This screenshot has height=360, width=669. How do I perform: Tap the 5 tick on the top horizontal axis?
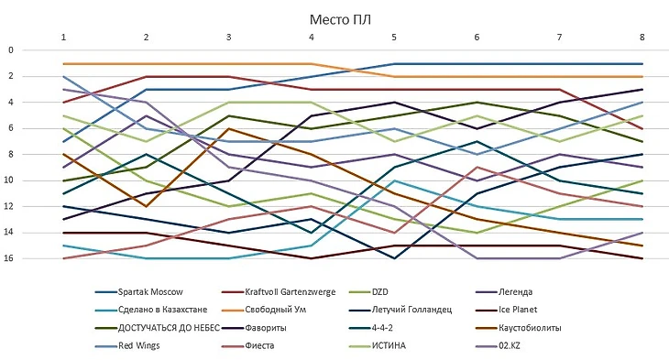[394, 37]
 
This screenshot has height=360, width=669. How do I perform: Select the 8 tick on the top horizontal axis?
[642, 37]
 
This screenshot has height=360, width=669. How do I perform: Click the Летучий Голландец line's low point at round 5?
[394, 258]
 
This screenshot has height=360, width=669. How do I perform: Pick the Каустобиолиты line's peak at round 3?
[229, 128]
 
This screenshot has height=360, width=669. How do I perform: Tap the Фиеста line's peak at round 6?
[477, 168]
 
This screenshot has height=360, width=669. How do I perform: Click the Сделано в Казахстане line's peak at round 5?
[394, 180]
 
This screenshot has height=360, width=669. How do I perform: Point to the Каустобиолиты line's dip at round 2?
[146, 206]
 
